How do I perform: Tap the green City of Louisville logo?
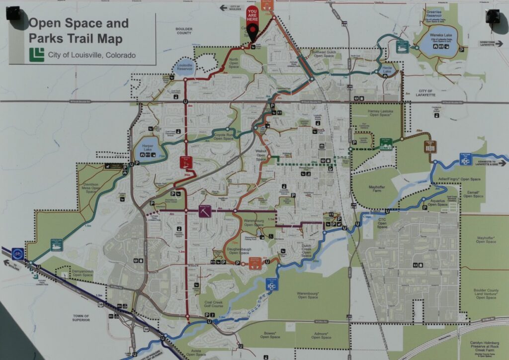point(36,54)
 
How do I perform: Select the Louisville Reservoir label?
point(185,68)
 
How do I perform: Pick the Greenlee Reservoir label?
point(433,13)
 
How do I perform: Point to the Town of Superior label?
point(80,318)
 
